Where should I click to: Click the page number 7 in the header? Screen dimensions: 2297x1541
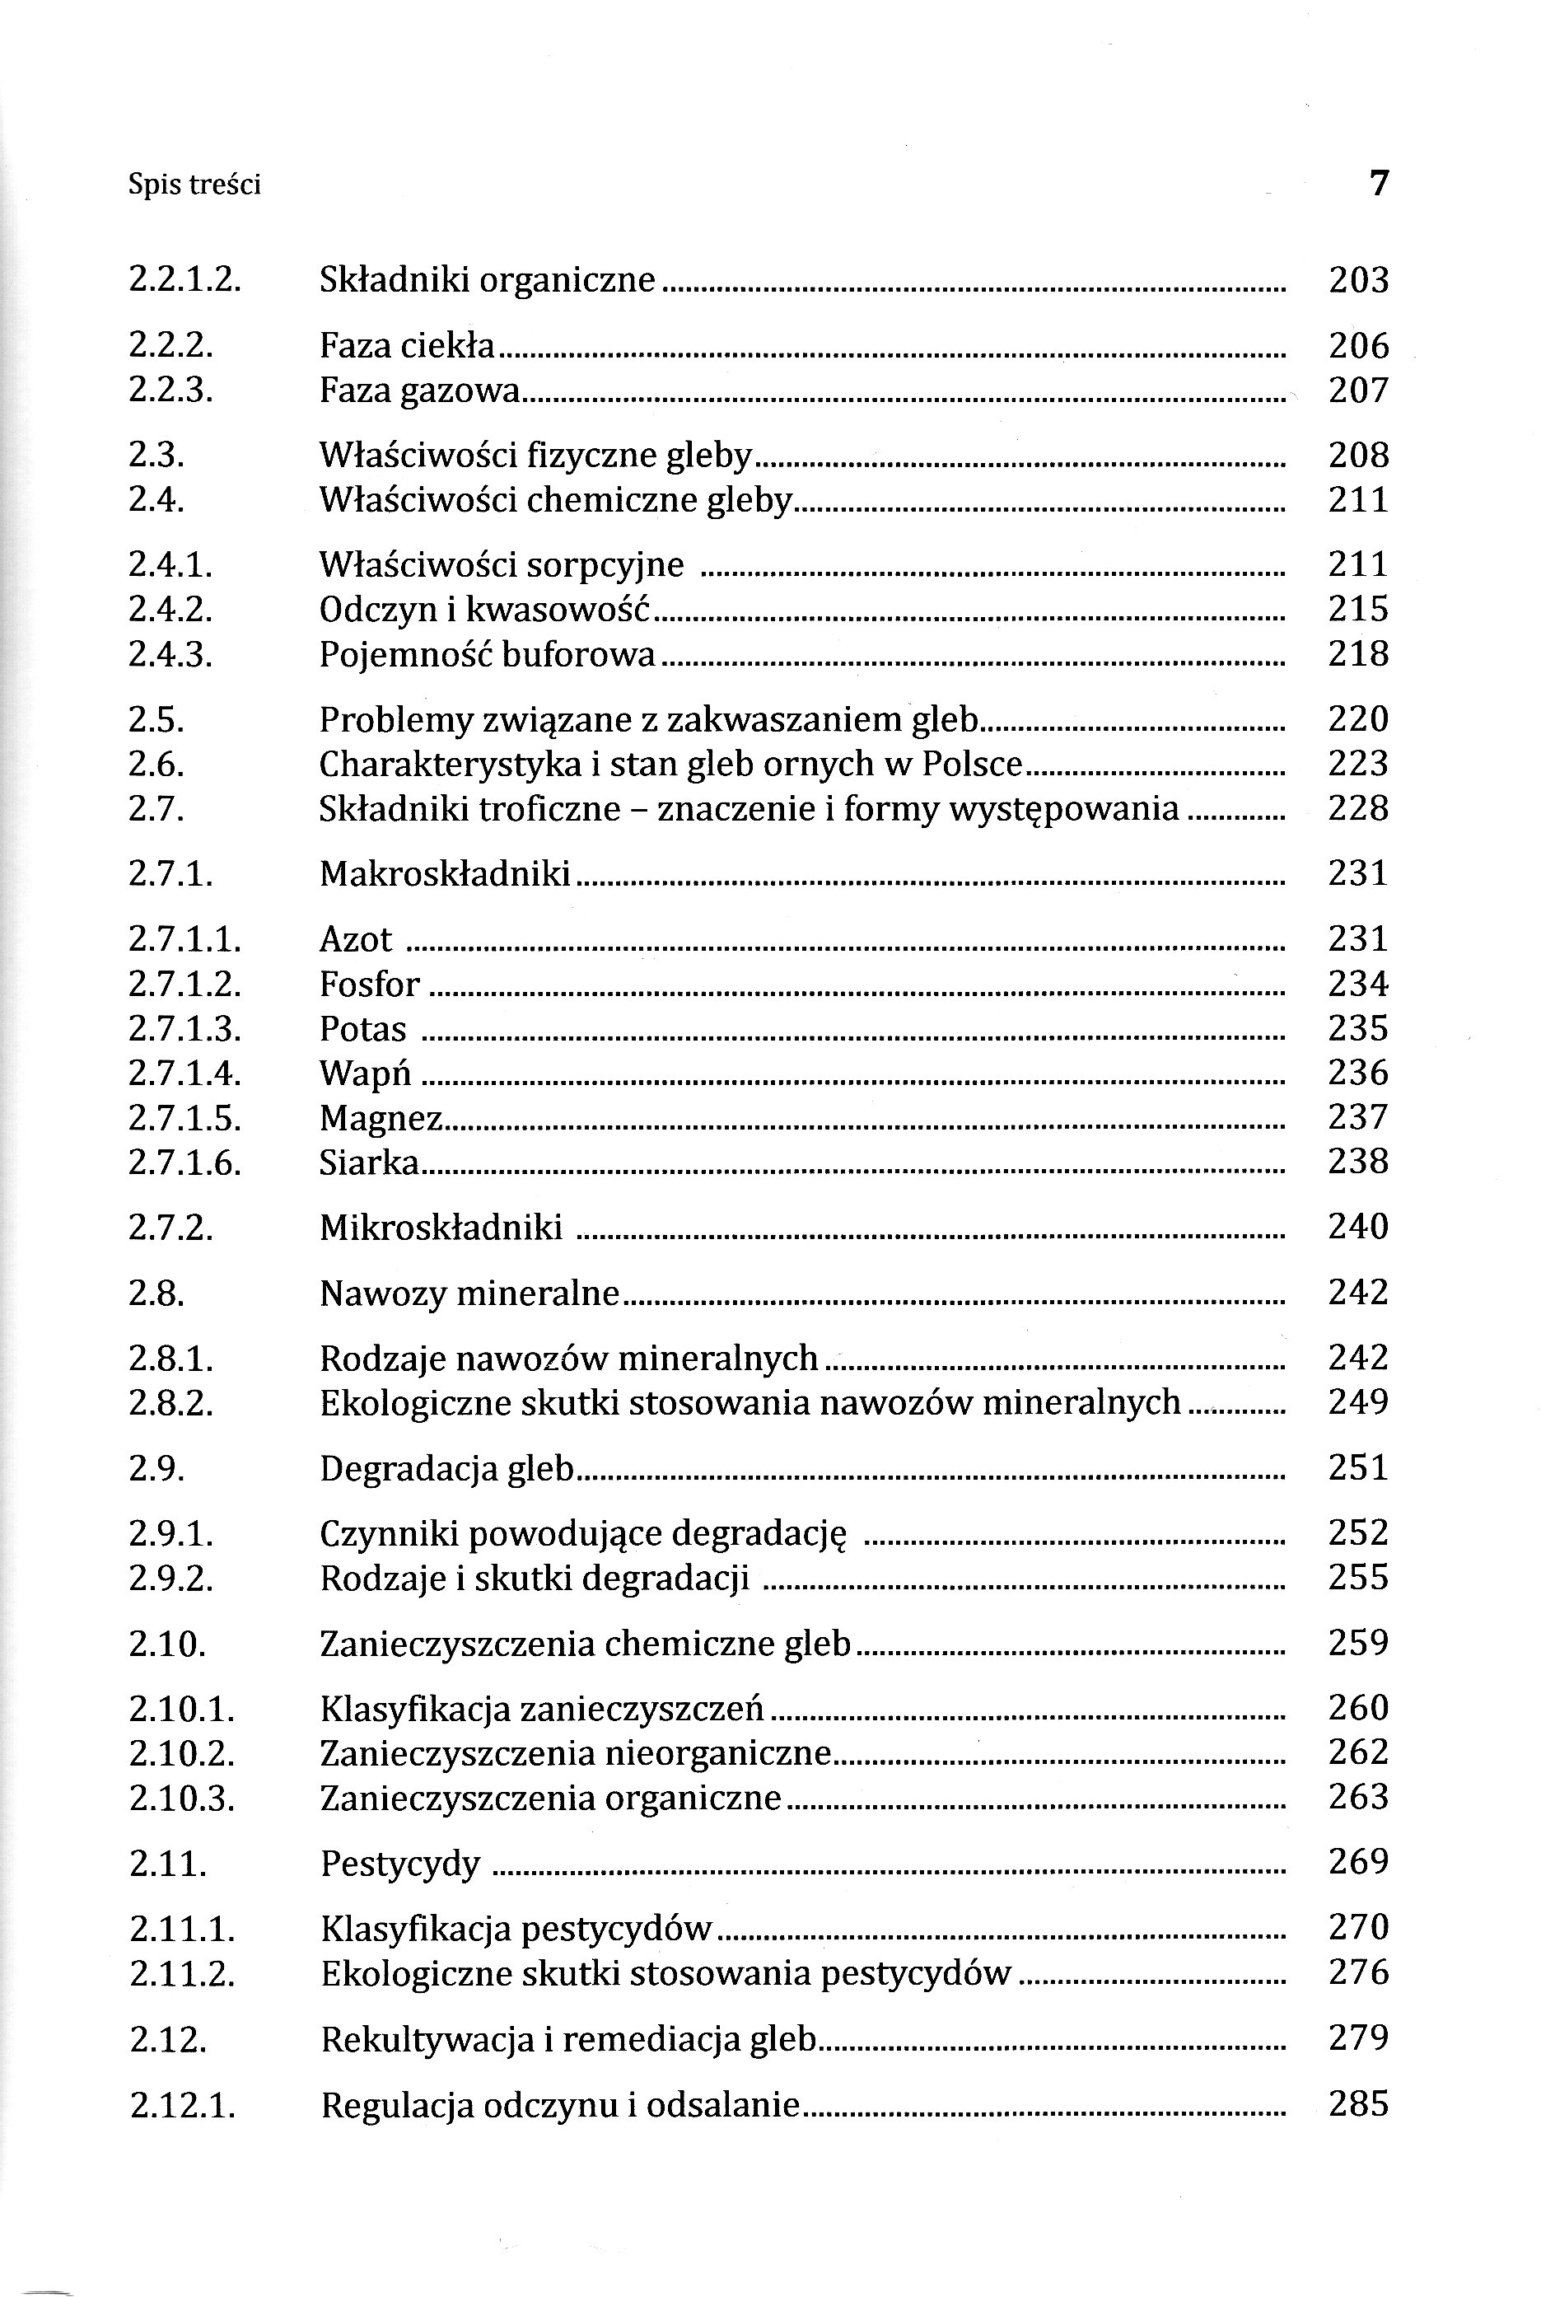1379,184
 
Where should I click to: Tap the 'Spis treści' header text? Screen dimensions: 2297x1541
194,185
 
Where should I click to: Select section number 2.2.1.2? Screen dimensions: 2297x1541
184,281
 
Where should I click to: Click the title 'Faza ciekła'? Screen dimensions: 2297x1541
407,346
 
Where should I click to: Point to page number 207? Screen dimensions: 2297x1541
1358,391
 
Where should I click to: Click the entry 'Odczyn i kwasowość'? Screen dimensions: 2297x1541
485,610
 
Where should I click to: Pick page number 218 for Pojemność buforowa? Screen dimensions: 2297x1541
1358,655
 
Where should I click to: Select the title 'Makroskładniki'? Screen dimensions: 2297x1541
444,872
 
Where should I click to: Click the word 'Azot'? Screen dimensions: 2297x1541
356,939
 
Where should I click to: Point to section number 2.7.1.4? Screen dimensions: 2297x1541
184,1074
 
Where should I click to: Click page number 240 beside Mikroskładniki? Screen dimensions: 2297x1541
1358,1228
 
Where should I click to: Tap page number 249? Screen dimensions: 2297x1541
1358,1402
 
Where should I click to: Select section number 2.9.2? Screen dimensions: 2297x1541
171,1579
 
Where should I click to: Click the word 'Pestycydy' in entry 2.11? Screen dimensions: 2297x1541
400,1864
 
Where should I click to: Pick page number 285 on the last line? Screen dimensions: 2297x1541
1358,2104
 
